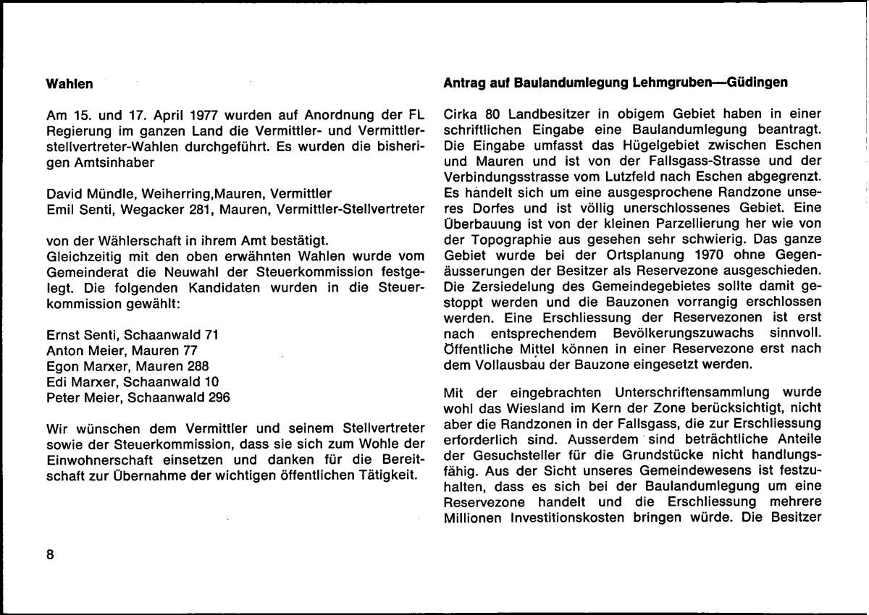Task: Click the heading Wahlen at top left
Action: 70,85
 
